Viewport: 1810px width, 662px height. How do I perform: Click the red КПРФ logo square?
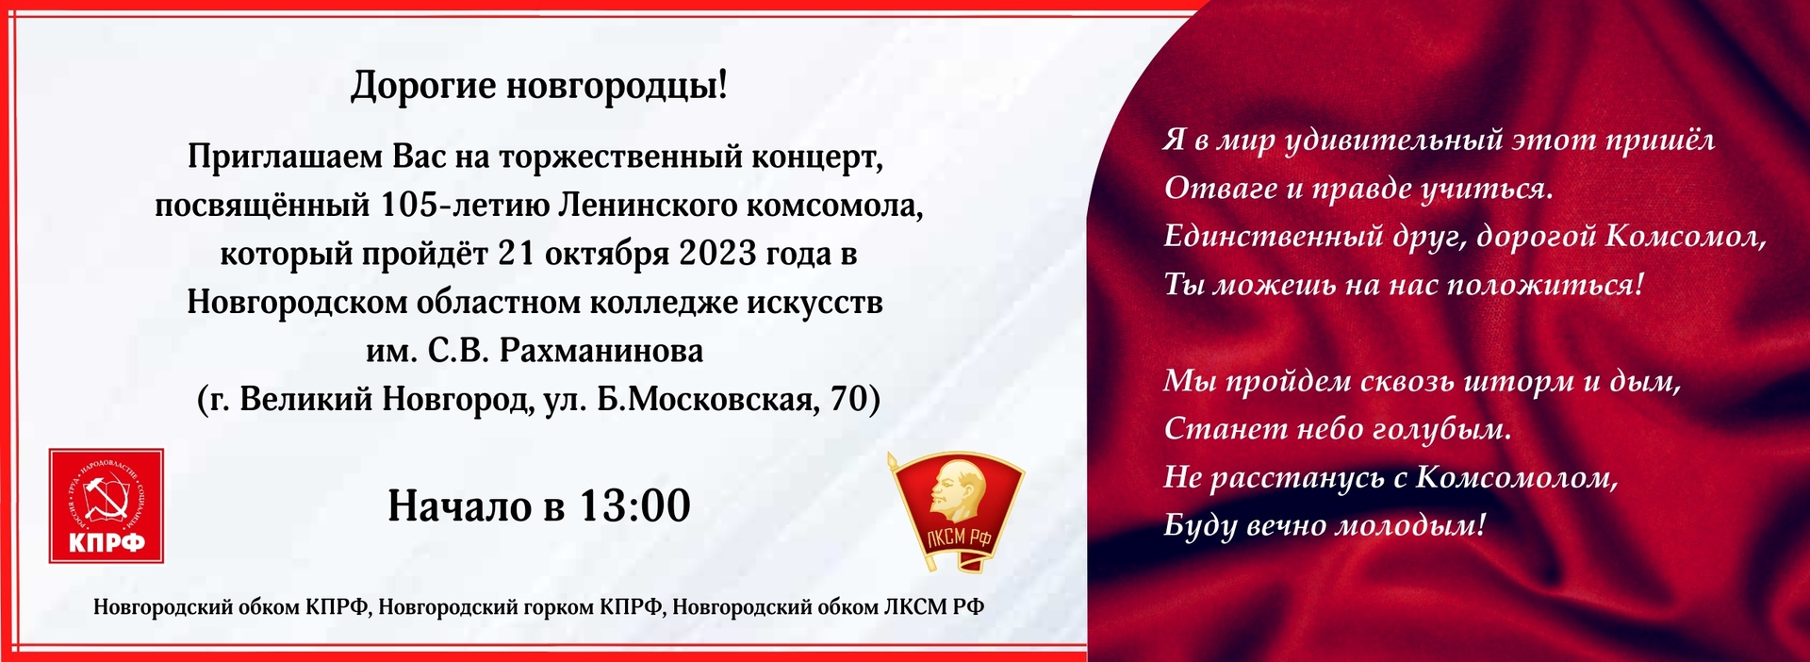click(x=107, y=505)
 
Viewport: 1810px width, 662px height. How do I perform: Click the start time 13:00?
click(x=633, y=506)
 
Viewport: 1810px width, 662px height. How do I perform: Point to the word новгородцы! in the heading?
click(x=617, y=86)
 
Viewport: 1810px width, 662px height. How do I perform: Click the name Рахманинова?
click(x=601, y=351)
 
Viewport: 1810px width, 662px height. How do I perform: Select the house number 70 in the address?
click(x=847, y=400)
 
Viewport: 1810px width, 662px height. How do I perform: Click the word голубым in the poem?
click(x=1440, y=430)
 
